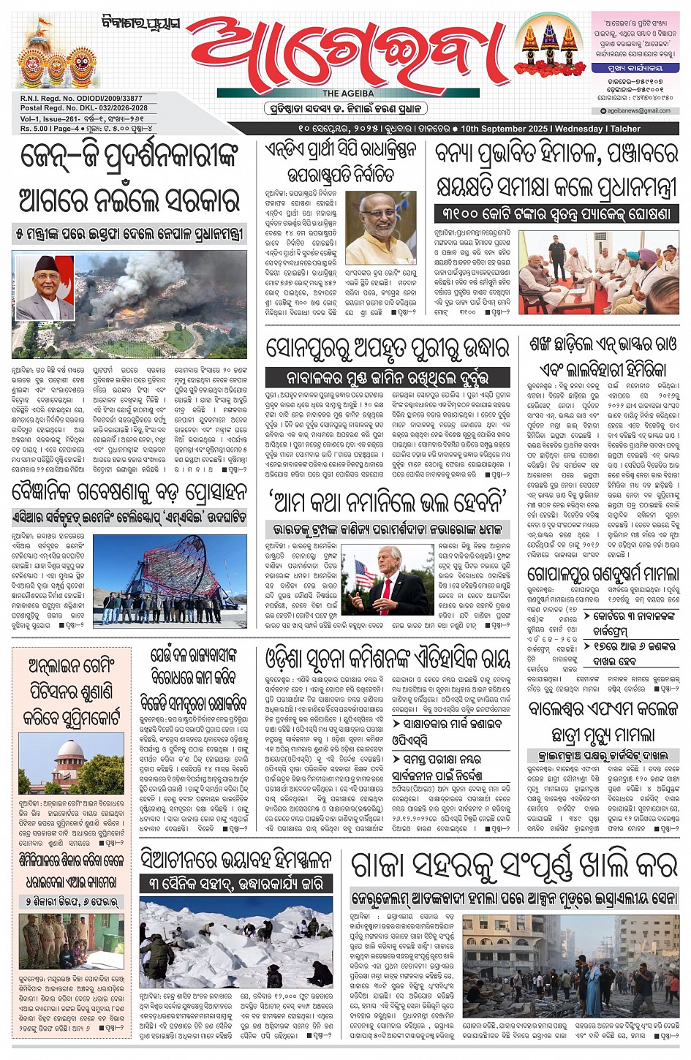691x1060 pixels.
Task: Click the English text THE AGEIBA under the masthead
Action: [348, 94]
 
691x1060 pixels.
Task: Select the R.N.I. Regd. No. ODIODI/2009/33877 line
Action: [81, 99]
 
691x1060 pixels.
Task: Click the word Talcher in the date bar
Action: [626, 129]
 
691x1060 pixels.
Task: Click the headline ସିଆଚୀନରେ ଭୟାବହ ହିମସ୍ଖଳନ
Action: [235, 861]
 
